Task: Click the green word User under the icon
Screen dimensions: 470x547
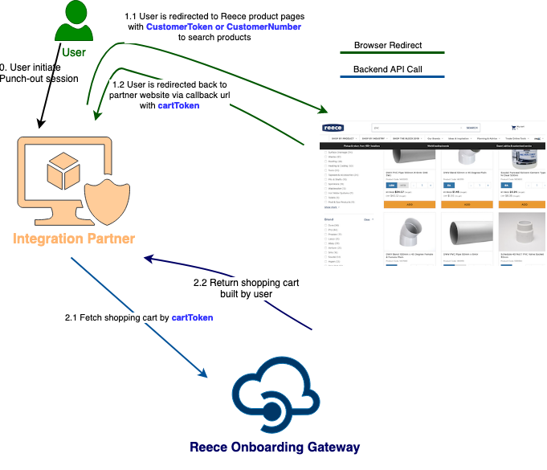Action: click(74, 53)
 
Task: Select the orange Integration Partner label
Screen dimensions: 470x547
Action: click(74, 239)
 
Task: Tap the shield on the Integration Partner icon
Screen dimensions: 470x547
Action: click(104, 196)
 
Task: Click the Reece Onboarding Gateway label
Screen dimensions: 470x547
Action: click(275, 448)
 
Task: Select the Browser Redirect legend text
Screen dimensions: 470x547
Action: click(388, 46)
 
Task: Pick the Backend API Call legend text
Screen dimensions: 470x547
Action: click(388, 70)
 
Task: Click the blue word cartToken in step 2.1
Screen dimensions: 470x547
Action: click(192, 318)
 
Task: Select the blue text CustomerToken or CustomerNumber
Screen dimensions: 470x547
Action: click(223, 27)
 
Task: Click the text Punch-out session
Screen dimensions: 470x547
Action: click(39, 79)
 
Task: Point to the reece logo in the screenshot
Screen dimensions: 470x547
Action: click(333, 127)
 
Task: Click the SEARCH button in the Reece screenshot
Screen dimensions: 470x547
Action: click(472, 128)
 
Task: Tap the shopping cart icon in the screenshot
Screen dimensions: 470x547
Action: click(514, 127)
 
